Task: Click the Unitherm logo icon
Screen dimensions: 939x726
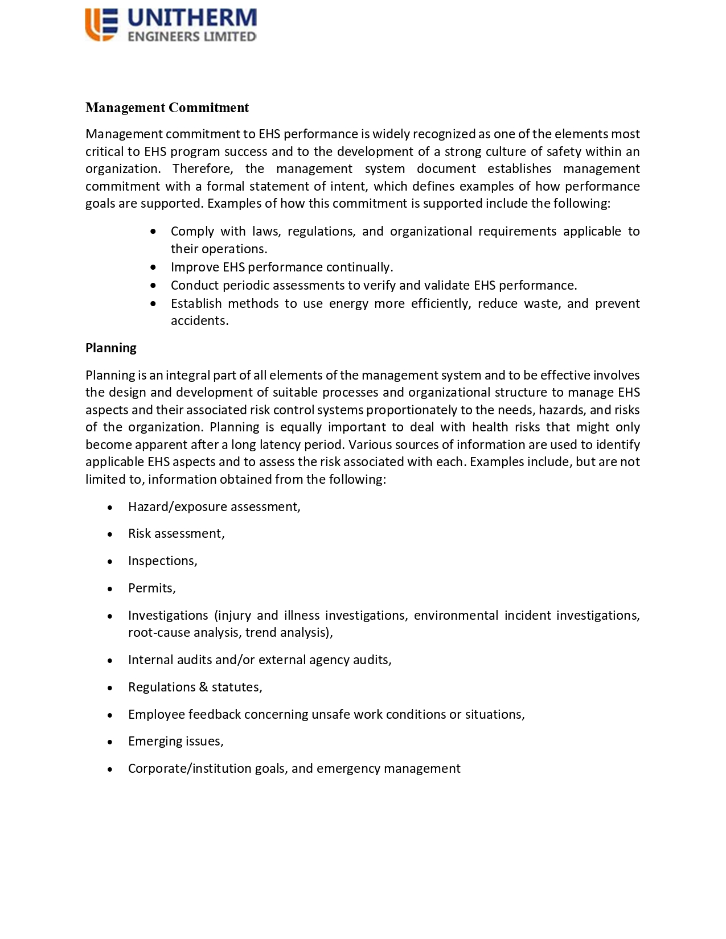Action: [101, 24]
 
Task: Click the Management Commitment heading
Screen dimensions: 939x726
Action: [167, 108]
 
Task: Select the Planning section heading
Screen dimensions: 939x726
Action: [111, 348]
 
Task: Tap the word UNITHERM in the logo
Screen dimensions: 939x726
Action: [192, 18]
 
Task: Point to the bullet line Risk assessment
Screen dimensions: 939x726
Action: [176, 534]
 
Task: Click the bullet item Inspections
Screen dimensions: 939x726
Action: [162, 561]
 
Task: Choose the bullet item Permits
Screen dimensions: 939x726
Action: [151, 588]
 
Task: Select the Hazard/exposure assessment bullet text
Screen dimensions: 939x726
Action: [214, 506]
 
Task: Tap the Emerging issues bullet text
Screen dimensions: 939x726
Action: [175, 742]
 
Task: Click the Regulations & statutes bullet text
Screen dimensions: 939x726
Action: [195, 687]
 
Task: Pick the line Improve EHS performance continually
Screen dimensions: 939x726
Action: [282, 267]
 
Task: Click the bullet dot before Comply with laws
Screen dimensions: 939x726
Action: [153, 232]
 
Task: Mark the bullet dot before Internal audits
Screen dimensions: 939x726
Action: [110, 661]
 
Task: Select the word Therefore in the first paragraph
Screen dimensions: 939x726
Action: [203, 169]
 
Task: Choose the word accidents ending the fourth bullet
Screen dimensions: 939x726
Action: [199, 321]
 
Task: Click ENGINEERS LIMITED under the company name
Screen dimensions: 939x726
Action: [192, 36]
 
